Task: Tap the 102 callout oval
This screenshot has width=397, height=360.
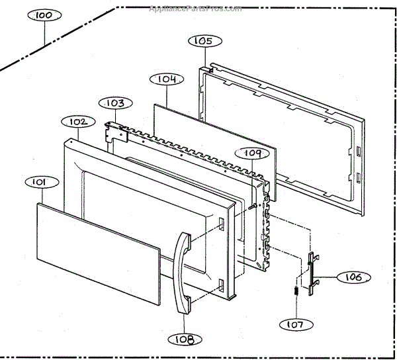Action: [x=77, y=122]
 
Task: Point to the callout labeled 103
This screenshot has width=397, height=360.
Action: [x=116, y=103]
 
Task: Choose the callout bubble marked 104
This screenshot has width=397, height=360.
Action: [x=166, y=79]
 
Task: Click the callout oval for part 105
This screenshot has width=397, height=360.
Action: [x=202, y=41]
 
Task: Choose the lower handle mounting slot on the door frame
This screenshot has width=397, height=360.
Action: [x=219, y=285]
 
